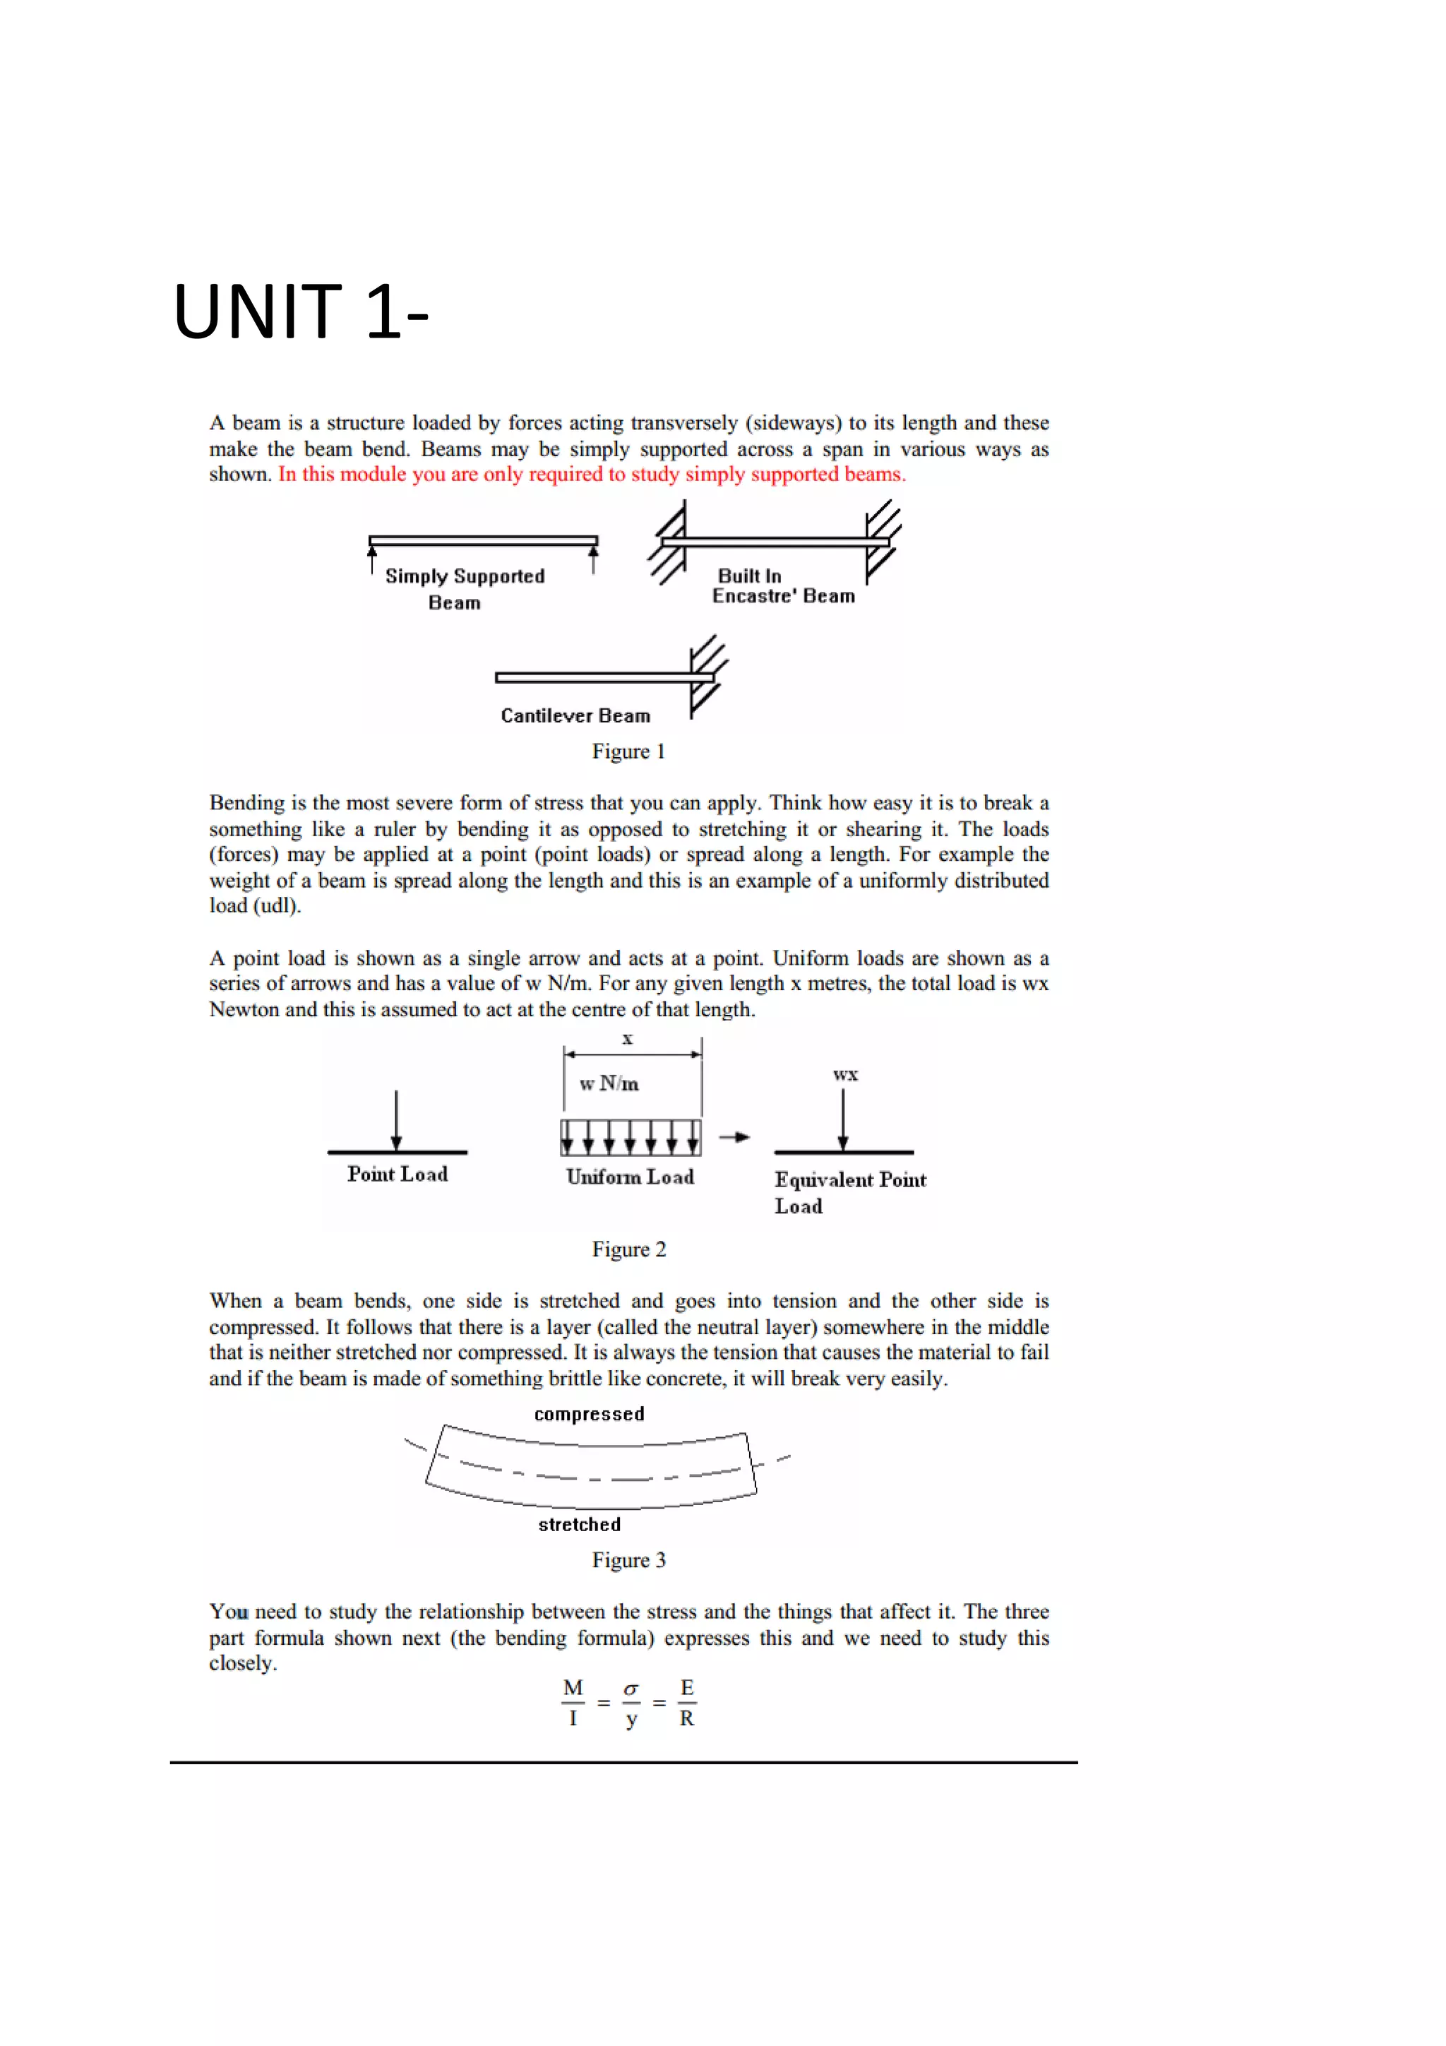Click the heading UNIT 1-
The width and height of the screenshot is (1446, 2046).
click(x=300, y=312)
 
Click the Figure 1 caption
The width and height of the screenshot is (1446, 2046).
click(x=628, y=751)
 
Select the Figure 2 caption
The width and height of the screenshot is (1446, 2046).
click(x=628, y=1249)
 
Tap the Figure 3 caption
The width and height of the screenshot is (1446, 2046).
click(x=628, y=1559)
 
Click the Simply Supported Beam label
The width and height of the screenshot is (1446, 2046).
click(x=463, y=588)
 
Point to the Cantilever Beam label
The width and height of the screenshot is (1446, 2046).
click(x=575, y=715)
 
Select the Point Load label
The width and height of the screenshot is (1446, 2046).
click(x=398, y=1174)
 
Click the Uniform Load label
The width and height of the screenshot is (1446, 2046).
click(x=630, y=1177)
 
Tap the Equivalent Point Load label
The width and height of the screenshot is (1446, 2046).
click(x=849, y=1191)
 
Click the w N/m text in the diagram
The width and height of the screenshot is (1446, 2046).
click(x=609, y=1083)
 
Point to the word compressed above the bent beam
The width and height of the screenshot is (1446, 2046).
click(x=589, y=1414)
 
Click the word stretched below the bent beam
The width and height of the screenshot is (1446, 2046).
click(x=579, y=1525)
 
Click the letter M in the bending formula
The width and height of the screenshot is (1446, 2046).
click(x=573, y=1688)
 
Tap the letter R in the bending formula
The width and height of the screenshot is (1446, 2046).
click(x=686, y=1719)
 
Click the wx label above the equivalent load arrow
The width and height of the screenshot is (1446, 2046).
click(x=844, y=1075)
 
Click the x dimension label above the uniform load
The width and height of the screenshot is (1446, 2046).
click(x=627, y=1039)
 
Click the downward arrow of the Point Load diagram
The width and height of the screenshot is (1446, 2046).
click(x=397, y=1121)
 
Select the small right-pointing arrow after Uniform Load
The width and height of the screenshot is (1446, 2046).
click(x=735, y=1137)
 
